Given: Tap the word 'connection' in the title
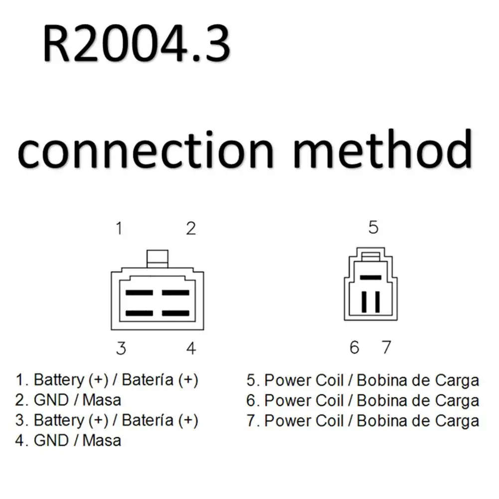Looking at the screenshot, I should tap(146, 149).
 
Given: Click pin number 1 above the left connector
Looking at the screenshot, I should tap(119, 229).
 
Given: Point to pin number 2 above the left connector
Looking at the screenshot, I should tap(191, 229).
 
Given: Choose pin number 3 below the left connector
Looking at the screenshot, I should tap(121, 348).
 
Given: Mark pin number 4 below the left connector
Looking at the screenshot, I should tap(191, 348).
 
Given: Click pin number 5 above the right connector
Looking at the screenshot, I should tap(373, 227).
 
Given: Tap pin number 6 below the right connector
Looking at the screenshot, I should tap(354, 347).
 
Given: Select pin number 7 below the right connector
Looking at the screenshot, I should tap(386, 347).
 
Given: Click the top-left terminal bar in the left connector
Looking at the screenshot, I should tap(139, 292).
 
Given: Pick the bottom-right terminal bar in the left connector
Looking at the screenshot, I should tap(175, 313).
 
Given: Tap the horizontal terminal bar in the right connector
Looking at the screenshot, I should tap(370, 277).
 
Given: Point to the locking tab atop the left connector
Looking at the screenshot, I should tap(157, 258).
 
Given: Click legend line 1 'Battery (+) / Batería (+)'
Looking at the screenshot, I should tap(107, 380).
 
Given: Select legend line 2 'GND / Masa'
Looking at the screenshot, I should tap(68, 400).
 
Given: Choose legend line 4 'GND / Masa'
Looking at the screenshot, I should tap(68, 441).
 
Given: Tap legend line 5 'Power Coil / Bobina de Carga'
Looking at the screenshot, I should tap(362, 380).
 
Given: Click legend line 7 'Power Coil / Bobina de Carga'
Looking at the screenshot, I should tap(362, 421).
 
